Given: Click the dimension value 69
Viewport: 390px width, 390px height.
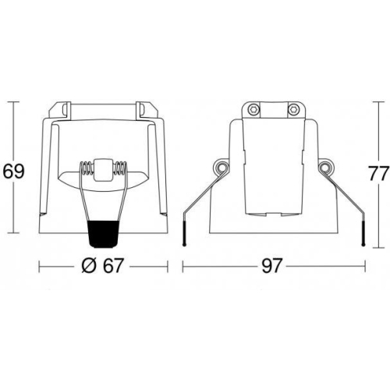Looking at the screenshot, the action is pos(13,172).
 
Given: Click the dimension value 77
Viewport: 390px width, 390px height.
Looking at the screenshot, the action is pos(379,173).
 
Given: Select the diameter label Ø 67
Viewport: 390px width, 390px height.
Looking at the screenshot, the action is pos(101,266).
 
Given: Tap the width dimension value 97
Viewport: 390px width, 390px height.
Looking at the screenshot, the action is pos(271,266).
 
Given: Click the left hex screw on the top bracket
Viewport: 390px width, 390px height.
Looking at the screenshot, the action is pos(253,110).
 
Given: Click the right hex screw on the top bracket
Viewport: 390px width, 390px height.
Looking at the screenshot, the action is pos(293,110).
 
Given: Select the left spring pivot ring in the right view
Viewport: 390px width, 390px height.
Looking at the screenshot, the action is pos(221,168).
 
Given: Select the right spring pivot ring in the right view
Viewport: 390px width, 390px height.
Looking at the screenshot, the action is pos(325,168).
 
